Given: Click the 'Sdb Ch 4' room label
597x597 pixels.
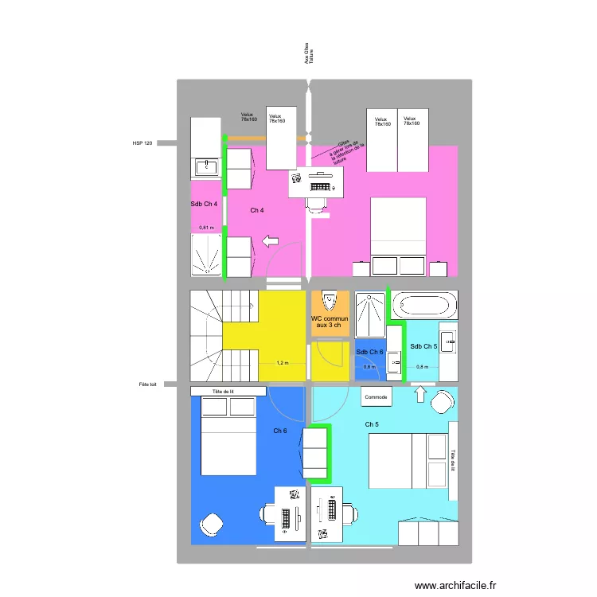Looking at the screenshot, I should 204,205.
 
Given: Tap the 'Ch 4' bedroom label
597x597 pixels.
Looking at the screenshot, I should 256,210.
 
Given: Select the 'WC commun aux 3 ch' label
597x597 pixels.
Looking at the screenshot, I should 328,322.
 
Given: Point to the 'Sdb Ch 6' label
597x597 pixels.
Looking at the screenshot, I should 369,353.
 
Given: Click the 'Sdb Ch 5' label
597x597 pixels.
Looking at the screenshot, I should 423,346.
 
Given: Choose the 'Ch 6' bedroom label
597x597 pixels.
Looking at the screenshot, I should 280,431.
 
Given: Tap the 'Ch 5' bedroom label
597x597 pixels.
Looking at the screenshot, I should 372,424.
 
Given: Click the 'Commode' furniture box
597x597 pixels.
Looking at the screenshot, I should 376,396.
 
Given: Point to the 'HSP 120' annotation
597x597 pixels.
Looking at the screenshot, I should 142,143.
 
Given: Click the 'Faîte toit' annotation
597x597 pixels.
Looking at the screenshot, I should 148,384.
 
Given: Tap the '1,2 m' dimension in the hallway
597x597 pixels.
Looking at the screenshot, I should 283,363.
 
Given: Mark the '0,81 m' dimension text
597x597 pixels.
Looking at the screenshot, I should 206,228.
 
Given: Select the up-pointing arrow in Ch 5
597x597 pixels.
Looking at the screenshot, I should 419,393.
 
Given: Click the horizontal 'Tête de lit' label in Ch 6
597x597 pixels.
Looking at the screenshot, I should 228,392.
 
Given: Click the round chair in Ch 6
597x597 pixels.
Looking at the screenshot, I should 212,524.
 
